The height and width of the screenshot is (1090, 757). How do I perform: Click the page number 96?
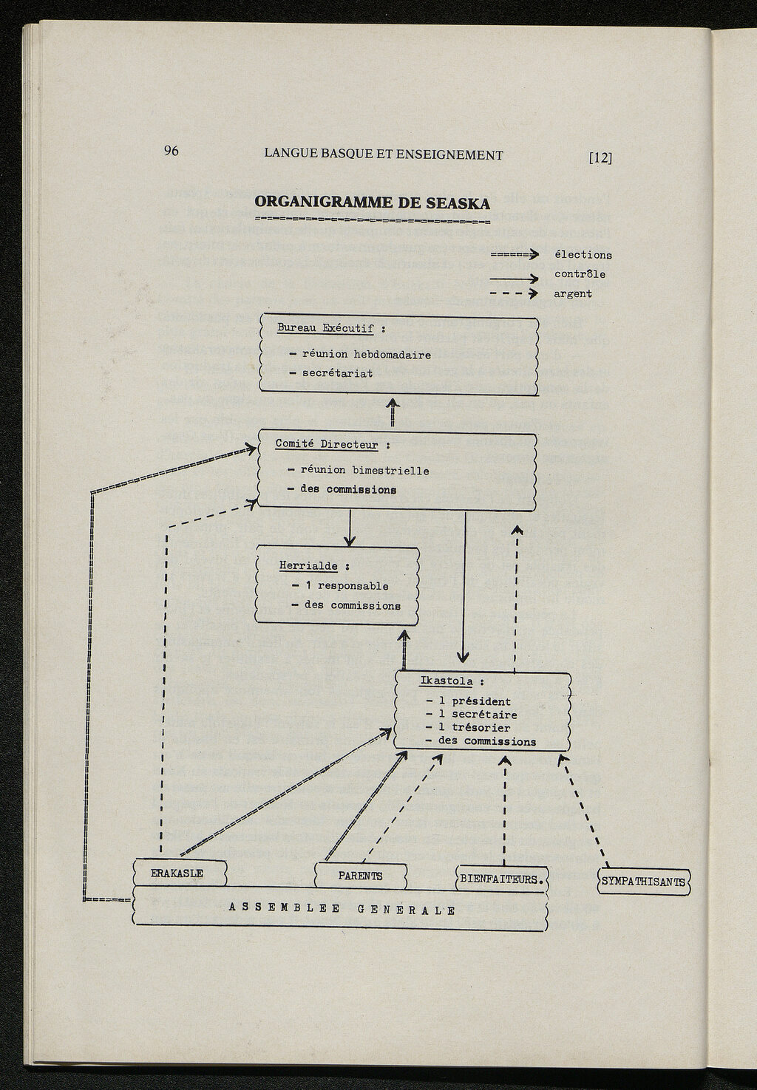tap(171, 151)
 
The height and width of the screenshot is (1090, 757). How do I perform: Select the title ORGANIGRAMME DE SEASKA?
tap(372, 202)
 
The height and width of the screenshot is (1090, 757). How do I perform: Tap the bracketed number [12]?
tap(600, 157)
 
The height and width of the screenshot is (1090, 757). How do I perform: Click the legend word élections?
tap(583, 255)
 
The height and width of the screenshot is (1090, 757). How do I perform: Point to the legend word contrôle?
tap(580, 274)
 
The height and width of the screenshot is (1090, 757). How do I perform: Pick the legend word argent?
tap(573, 293)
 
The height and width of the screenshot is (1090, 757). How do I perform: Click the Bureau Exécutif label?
tap(325, 328)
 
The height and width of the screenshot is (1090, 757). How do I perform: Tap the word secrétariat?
tap(337, 373)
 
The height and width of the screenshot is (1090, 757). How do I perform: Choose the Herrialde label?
tap(308, 566)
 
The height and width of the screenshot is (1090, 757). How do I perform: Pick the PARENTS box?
tap(361, 876)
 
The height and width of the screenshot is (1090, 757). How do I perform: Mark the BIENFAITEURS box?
tap(502, 879)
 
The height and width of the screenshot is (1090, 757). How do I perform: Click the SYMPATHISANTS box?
tap(643, 882)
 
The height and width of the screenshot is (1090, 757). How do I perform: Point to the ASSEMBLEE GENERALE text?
tap(342, 910)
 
